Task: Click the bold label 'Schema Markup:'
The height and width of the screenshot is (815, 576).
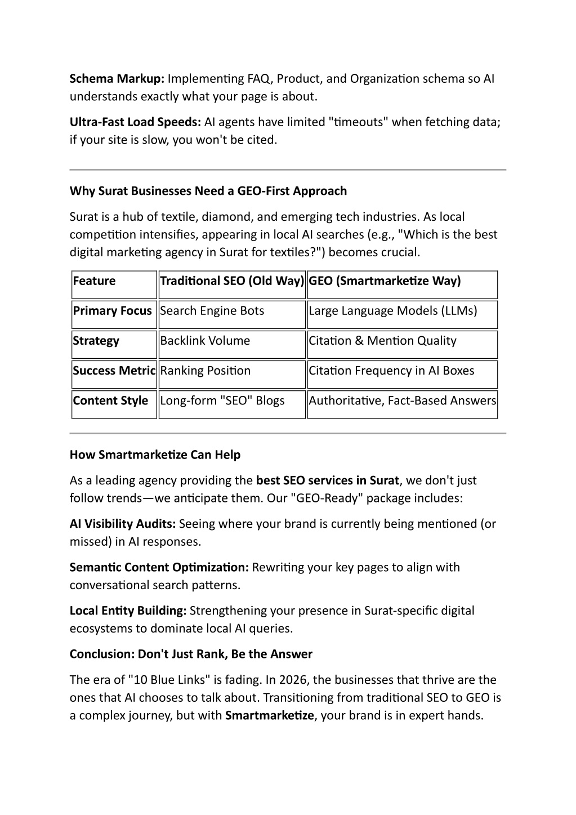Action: (117, 78)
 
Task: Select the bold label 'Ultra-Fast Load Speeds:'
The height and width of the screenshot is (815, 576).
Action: (135, 122)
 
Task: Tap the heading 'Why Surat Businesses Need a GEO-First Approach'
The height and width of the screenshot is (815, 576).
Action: (208, 191)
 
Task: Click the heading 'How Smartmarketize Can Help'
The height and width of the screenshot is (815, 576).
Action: (155, 455)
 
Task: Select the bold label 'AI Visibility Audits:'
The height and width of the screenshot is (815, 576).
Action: (123, 524)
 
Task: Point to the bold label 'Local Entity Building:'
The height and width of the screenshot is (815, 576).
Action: (128, 611)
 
